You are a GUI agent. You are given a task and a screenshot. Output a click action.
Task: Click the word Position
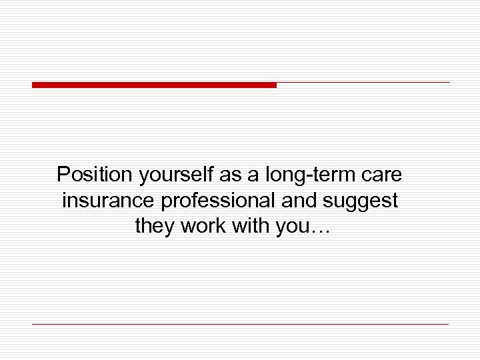coord(95,175)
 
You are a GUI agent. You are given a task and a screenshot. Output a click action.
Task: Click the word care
coord(384,176)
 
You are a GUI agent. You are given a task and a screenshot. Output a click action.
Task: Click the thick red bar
coord(154,85)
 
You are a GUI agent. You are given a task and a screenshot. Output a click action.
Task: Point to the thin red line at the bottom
coord(240,324)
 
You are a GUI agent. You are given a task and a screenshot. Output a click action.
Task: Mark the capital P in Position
coord(63,175)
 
